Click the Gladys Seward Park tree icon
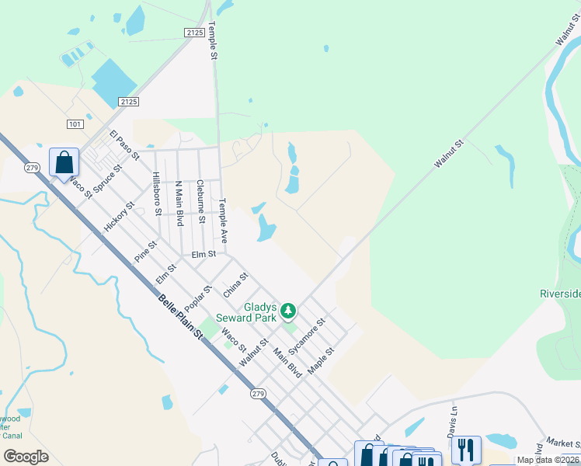tap(289, 311)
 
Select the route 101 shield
tap(75, 123)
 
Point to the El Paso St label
tap(124, 145)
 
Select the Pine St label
tap(145, 250)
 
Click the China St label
tap(235, 284)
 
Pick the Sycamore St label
tap(306, 335)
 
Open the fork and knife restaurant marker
tap(466, 448)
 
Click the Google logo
tap(26, 456)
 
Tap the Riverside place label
tap(560, 294)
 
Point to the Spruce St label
tap(107, 179)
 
